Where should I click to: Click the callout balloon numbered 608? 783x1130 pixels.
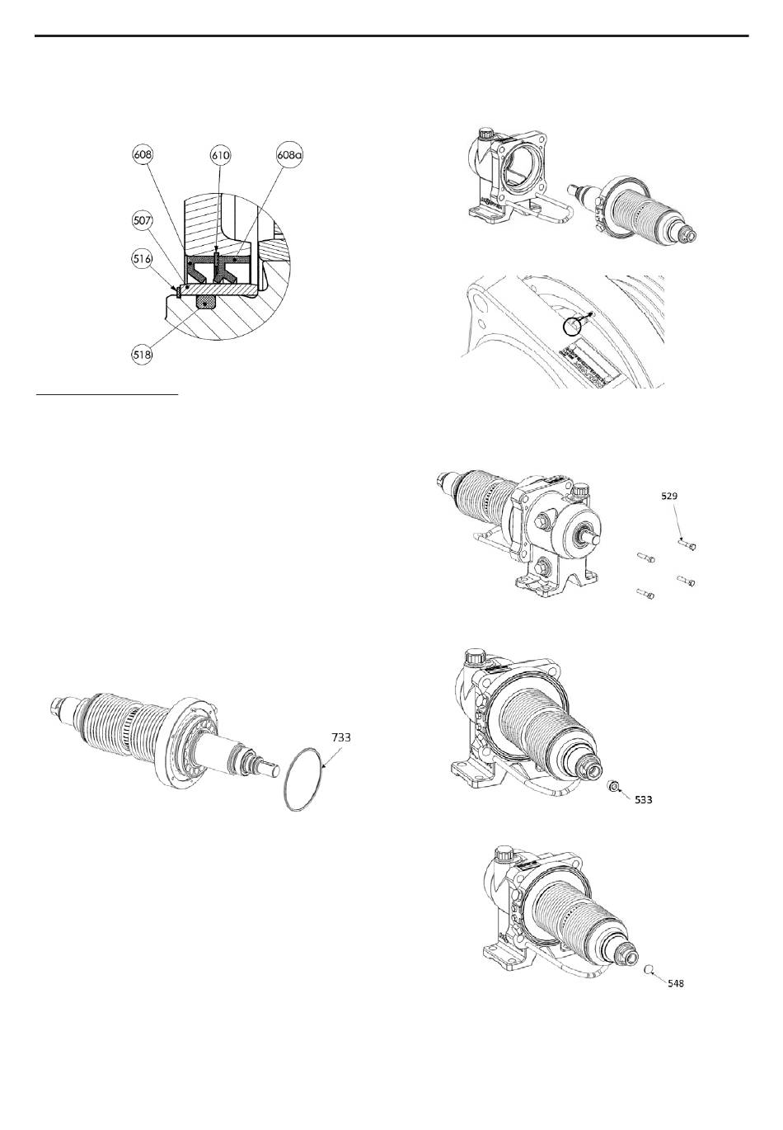click(143, 155)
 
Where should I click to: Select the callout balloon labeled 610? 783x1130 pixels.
click(220, 155)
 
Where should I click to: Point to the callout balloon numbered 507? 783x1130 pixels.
click(143, 220)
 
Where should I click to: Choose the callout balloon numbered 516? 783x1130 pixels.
click(143, 259)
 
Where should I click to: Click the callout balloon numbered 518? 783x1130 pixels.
click(143, 355)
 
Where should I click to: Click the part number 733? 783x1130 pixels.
click(341, 737)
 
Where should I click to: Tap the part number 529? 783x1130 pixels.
click(669, 496)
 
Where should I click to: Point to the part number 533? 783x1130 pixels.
click(643, 799)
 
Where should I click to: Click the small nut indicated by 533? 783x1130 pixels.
click(613, 785)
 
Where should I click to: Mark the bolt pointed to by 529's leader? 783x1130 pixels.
click(687, 544)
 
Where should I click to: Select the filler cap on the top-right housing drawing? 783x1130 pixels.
click(486, 134)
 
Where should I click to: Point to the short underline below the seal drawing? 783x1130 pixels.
click(107, 396)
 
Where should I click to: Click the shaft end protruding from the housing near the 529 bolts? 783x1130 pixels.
click(592, 539)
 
